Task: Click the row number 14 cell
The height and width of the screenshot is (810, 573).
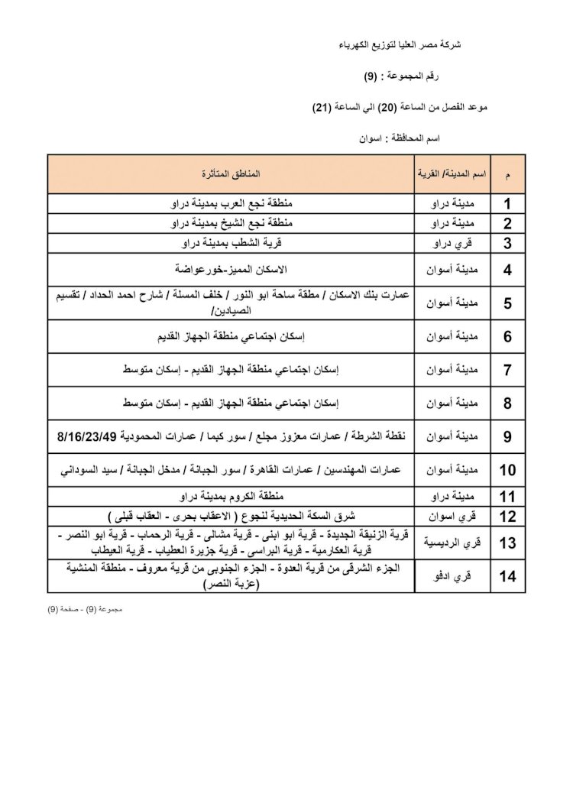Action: [507, 577]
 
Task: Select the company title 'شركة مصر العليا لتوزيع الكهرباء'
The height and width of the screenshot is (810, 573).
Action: [403, 46]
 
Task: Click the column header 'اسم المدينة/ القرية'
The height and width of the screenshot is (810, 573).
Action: [452, 175]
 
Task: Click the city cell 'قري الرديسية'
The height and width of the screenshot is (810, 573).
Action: [452, 543]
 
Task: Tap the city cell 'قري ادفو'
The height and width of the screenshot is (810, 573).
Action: [452, 577]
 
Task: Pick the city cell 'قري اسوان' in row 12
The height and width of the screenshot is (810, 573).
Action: [452, 516]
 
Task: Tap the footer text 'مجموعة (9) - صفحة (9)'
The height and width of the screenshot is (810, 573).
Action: [85, 611]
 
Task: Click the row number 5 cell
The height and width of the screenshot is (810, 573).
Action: [507, 303]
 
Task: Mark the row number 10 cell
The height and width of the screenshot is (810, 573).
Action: [507, 470]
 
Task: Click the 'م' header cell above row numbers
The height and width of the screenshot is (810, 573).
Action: [507, 175]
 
